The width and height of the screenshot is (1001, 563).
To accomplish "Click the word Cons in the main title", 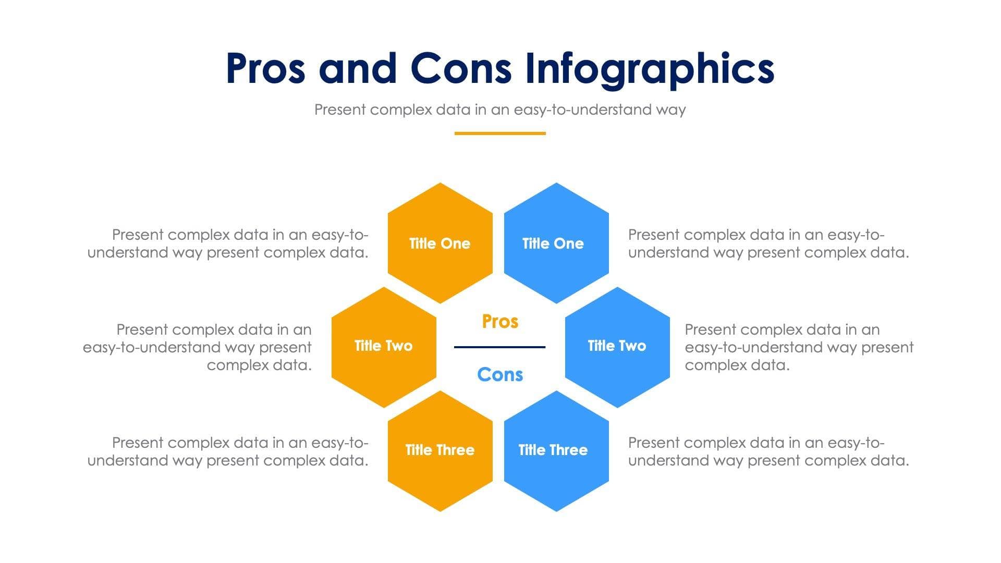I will click(x=461, y=69).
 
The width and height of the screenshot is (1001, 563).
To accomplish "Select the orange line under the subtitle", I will click(x=500, y=133).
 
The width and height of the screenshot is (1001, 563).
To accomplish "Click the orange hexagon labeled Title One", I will click(x=440, y=243).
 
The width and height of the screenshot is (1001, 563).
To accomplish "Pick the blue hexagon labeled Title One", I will click(x=556, y=243).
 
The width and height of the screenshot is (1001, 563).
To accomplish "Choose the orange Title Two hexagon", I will click(x=384, y=347).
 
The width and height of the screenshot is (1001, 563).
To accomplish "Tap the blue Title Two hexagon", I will click(x=617, y=347).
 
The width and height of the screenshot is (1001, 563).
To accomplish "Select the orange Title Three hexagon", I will click(x=440, y=450).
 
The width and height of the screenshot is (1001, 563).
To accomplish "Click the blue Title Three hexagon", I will click(x=556, y=450).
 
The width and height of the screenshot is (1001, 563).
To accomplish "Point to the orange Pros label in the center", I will click(x=500, y=322).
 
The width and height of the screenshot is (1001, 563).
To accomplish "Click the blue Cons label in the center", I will click(x=500, y=375).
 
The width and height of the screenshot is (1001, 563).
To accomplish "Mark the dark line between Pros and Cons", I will click(x=499, y=347).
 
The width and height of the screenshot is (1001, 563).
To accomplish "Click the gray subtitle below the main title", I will click(x=499, y=110).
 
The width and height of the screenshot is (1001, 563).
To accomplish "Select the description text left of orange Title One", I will click(x=228, y=243).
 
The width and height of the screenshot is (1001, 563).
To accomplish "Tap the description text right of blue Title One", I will click(x=768, y=243).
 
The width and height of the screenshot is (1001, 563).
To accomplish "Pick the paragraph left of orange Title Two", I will click(x=198, y=347).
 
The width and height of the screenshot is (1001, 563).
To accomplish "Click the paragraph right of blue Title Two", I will click(x=799, y=347).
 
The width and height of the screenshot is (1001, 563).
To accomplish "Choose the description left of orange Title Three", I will click(x=228, y=451).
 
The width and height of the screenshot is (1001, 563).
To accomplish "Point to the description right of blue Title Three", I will click(x=768, y=451).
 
